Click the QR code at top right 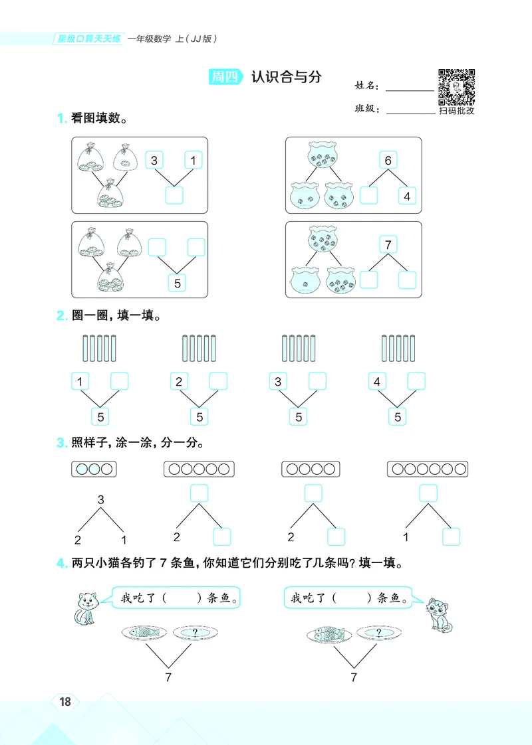pos(456,87)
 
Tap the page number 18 pos(65,702)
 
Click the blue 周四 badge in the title pos(224,77)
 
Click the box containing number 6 pos(388,160)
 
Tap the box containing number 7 pos(388,245)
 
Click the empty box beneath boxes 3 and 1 pos(174,195)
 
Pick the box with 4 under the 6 pos(407,195)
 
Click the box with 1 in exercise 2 pos(80,381)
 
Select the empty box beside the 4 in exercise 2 pos(416,381)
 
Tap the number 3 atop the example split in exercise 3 pos(101,499)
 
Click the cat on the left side pos(84,608)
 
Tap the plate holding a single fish pos(144,633)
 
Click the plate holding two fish pos(329,633)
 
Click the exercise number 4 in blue pos(60,564)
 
